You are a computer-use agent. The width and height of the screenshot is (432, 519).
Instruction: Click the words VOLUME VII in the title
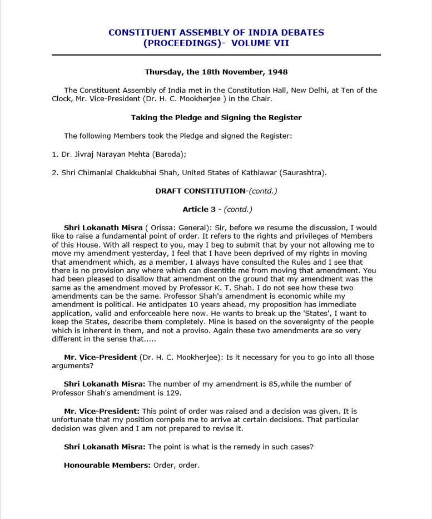(260, 43)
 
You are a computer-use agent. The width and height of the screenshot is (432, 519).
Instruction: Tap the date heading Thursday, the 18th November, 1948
(216, 72)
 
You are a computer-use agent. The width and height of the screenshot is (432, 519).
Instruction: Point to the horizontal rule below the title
(216, 55)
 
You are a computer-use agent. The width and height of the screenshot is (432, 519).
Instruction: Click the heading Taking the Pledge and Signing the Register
(216, 117)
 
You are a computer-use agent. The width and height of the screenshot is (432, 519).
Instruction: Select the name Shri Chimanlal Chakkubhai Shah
(119, 172)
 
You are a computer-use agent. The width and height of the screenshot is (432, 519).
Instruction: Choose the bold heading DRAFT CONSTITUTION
(200, 191)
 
